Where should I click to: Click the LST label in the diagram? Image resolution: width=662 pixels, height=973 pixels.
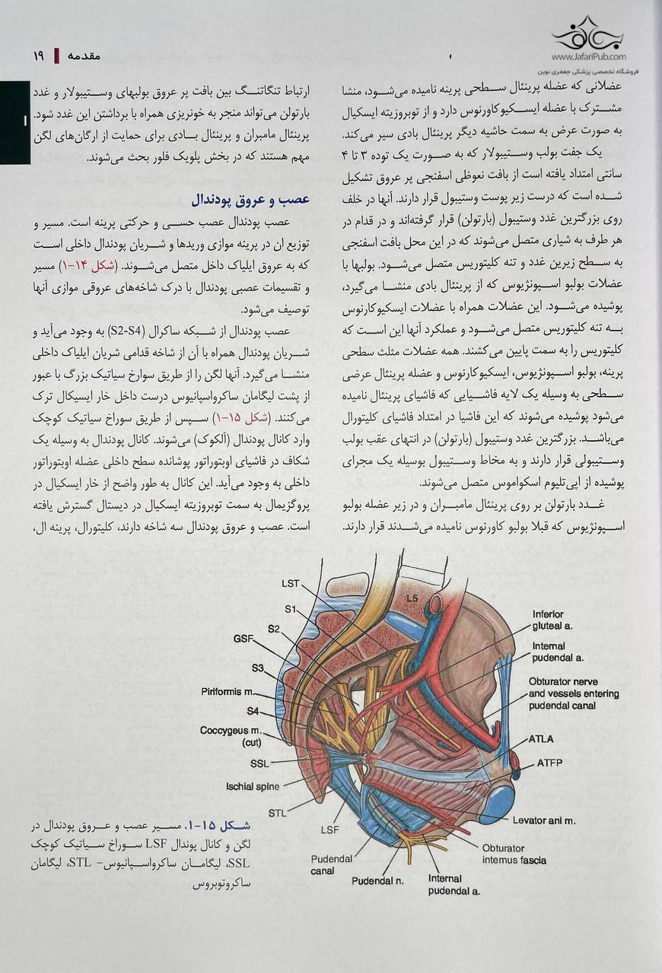point(290,584)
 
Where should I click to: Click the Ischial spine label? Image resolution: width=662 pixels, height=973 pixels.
point(253,787)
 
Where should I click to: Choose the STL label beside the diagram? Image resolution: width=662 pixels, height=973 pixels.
point(278,813)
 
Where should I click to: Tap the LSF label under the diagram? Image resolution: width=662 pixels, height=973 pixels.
point(329,829)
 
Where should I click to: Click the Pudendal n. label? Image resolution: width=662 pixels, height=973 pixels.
point(377,881)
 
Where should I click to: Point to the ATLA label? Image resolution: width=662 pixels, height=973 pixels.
point(541,739)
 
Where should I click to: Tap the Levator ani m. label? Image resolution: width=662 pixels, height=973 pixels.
point(543,820)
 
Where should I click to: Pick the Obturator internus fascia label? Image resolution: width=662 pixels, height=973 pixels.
point(514,854)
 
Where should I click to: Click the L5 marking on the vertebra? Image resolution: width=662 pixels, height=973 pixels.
point(412,598)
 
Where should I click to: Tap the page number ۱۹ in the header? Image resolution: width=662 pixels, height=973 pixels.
point(39,56)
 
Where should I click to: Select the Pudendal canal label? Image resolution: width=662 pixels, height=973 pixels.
point(331,865)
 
